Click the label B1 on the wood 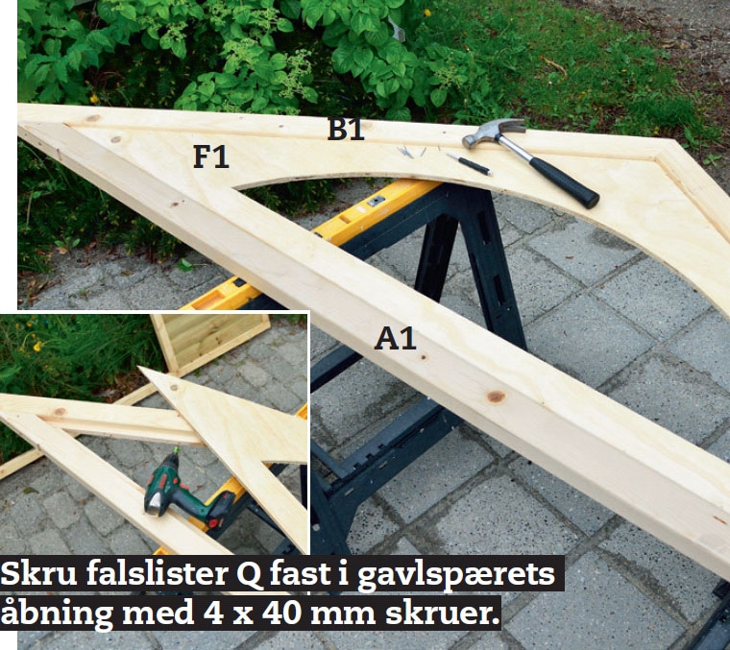tap(346, 129)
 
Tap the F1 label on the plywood tap(211, 156)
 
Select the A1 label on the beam tap(396, 338)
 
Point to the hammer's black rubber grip tap(563, 181)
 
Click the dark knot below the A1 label tap(496, 397)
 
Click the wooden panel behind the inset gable tap(210, 342)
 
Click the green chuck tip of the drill tap(176, 450)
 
